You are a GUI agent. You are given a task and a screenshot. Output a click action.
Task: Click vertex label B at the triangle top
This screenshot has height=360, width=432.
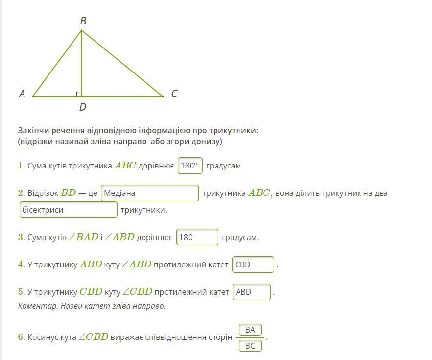coord(83,21)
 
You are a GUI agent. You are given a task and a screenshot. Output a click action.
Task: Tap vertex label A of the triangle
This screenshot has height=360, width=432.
coord(22,94)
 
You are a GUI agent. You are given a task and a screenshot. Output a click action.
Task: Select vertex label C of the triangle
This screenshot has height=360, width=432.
coord(174,94)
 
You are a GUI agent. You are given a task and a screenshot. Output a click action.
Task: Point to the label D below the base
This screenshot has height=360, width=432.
coord(82,107)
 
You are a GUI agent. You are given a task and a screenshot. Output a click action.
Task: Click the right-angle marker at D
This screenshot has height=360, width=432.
coord(79,94)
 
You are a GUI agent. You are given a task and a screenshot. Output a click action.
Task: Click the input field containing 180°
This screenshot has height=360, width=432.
coord(190,166)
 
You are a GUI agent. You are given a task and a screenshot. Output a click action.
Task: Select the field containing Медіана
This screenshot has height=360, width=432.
coord(150,193)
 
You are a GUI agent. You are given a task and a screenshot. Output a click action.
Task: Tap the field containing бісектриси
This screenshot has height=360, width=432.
coord(69,210)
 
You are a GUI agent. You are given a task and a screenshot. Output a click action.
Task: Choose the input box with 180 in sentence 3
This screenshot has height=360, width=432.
coord(197,237)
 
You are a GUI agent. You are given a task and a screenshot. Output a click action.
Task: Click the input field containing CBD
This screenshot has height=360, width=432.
coord(253,264)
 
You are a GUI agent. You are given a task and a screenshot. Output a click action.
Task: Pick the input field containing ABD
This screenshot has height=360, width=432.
coord(252,292)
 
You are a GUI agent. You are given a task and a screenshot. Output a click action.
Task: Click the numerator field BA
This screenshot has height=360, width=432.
coord(250,330)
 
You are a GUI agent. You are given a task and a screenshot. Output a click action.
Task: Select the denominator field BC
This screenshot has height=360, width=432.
coord(250,346)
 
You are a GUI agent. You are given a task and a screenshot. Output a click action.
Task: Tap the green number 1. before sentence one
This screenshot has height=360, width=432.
coord(22,166)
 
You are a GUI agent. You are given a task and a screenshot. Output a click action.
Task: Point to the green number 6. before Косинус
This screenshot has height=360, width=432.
coord(22,337)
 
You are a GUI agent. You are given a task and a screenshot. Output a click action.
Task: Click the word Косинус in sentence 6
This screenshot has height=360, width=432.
coord(44,337)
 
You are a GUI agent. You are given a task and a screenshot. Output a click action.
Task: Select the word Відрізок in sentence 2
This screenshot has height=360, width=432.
coord(43,193)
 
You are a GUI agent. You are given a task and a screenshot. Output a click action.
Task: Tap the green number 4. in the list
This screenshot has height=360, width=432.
coord(22,264)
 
